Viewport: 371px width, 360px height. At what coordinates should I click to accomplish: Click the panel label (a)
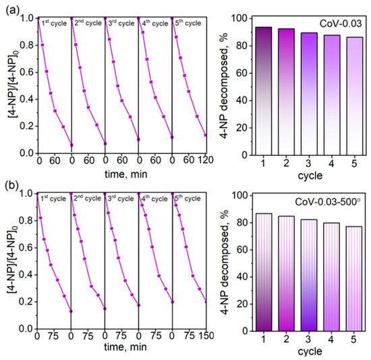12,10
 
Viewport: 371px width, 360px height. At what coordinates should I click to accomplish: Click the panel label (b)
12,185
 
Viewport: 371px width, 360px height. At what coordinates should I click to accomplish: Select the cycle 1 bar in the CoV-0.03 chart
264,91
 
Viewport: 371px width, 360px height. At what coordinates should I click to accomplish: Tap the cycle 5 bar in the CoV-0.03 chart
354,96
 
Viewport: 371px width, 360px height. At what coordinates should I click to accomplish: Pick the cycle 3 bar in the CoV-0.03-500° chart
309,275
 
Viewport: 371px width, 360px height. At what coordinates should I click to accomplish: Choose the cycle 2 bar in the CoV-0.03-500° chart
286,274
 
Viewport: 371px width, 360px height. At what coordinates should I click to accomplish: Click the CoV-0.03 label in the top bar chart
341,24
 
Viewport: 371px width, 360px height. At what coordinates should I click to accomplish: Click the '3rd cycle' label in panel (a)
121,23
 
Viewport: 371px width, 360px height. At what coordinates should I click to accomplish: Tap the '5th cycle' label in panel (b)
188,199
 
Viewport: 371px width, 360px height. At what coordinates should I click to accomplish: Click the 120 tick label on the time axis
206,160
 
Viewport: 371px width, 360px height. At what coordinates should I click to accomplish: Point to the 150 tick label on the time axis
206,336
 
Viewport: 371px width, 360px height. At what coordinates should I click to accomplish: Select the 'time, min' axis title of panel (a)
126,174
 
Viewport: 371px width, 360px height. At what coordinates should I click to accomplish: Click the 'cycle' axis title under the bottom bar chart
310,351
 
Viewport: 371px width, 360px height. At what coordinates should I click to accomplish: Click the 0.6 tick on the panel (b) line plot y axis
26,248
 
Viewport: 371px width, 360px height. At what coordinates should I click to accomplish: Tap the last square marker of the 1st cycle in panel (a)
72,145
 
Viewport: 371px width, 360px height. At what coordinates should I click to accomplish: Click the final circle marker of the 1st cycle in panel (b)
71,311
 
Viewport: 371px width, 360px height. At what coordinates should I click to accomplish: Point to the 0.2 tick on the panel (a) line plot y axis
27,126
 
